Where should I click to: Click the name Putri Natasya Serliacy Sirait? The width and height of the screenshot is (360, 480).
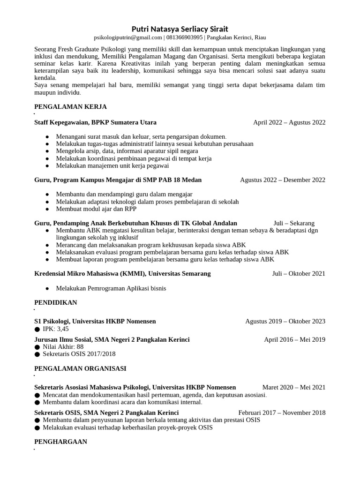pyautogui.click(x=180, y=29)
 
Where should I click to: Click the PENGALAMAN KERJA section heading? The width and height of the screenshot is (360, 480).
pyautogui.click(x=71, y=107)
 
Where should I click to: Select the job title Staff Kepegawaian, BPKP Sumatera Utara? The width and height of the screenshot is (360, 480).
pyautogui.click(x=96, y=122)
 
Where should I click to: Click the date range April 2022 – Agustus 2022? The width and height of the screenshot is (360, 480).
pyautogui.click(x=289, y=122)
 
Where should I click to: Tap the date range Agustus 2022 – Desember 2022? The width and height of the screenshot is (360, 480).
pyautogui.click(x=282, y=180)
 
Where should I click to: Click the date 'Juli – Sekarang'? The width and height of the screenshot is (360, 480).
pyautogui.click(x=294, y=223)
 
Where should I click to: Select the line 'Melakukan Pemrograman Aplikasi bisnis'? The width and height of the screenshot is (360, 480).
pyautogui.click(x=111, y=288)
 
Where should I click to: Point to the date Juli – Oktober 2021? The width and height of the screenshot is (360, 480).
pyautogui.click(x=299, y=273)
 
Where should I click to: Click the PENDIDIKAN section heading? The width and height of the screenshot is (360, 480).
pyautogui.click(x=56, y=303)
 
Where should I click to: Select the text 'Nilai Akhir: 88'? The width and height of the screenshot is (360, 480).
pyautogui.click(x=63, y=346)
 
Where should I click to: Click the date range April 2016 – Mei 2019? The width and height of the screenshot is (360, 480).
pyautogui.click(x=294, y=339)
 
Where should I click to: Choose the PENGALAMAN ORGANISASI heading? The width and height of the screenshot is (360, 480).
pyautogui.click(x=80, y=369)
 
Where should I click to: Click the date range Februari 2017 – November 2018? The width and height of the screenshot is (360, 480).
pyautogui.click(x=282, y=412)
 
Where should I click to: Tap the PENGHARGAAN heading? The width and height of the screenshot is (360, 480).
pyautogui.click(x=60, y=442)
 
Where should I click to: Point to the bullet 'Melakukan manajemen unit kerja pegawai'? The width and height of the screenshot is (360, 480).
pyautogui.click(x=112, y=165)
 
